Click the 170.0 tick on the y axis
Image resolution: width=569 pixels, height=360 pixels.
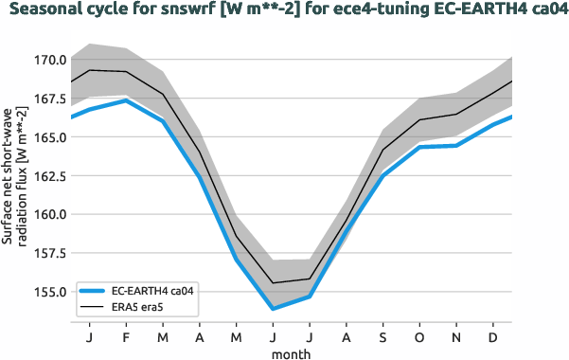pyautogui.click(x=49, y=60)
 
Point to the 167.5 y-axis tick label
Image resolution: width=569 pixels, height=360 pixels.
pyautogui.click(x=49, y=99)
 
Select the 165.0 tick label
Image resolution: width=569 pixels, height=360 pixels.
pyautogui.click(x=49, y=137)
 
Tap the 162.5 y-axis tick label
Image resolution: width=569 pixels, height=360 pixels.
pyautogui.click(x=49, y=175)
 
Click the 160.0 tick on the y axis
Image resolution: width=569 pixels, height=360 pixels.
pyautogui.click(x=49, y=214)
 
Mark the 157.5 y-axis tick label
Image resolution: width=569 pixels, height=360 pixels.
pyautogui.click(x=49, y=253)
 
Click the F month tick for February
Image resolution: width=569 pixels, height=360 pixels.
pyautogui.click(x=126, y=337)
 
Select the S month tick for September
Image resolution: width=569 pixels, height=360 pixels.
pyautogui.click(x=382, y=337)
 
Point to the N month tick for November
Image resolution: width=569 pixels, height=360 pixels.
pyautogui.click(x=456, y=337)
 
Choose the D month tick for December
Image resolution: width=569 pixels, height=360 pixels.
pyautogui.click(x=492, y=337)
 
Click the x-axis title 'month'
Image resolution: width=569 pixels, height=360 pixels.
pyautogui.click(x=292, y=352)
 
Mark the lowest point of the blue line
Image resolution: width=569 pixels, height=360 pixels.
pyautogui.click(x=273, y=309)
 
